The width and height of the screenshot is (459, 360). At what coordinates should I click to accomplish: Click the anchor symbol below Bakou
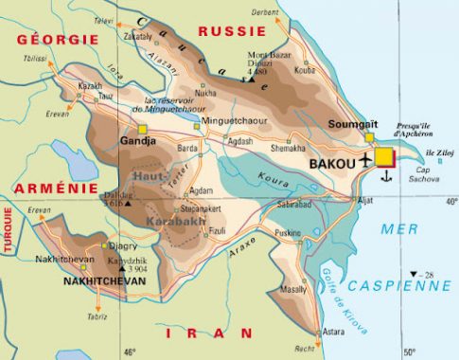385,175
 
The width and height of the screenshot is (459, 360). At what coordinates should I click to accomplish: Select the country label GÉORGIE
56,39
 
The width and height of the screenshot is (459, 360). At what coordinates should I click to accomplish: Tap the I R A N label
209,333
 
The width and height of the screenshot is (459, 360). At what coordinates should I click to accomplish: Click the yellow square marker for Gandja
142,128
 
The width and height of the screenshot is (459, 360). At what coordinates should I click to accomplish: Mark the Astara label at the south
332,333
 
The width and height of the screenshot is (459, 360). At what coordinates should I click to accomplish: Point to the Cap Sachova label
429,174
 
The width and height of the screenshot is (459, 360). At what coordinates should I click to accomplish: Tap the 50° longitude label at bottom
409,352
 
